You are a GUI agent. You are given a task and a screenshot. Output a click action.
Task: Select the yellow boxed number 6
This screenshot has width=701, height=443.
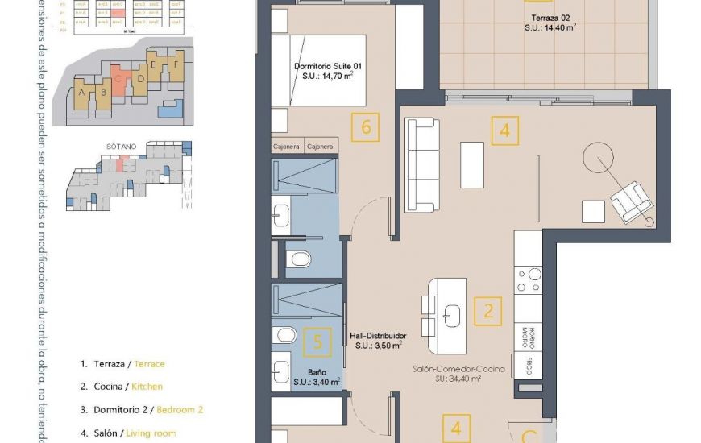click(x=366, y=127)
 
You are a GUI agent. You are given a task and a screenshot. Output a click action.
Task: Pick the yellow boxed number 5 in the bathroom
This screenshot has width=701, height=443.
click(x=317, y=342)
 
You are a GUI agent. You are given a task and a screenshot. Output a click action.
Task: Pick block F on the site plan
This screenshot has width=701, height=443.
click(x=176, y=61)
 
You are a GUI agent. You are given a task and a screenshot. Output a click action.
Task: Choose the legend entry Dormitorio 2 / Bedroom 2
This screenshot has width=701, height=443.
click(x=141, y=409)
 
